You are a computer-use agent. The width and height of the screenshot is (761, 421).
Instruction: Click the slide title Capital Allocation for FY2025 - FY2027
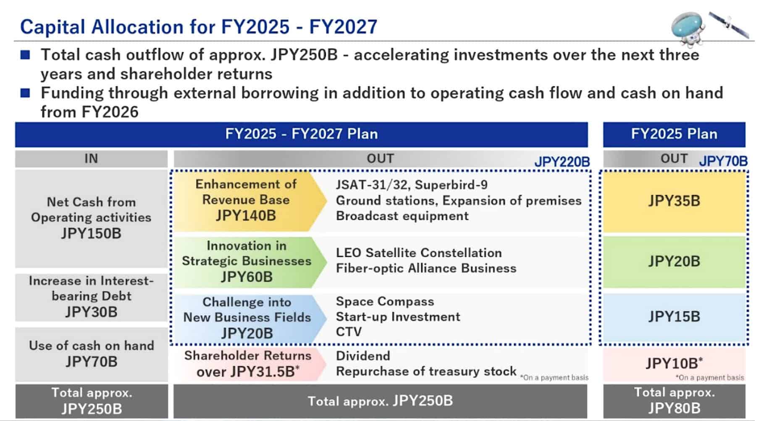[199, 27]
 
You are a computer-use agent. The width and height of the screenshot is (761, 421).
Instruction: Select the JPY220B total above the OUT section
[562, 162]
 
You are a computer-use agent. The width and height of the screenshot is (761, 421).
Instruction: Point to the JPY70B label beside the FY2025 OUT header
[723, 161]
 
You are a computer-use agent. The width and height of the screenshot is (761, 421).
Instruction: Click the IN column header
[91, 159]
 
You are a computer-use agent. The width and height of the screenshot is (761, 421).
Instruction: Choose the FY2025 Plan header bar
[674, 134]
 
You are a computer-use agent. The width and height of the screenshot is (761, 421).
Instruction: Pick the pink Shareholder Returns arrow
[247, 364]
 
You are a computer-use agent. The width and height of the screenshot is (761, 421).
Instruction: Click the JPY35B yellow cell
[674, 201]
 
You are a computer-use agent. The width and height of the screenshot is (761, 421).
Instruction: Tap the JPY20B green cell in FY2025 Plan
[674, 261]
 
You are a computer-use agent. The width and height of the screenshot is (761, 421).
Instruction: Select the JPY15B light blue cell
[674, 317]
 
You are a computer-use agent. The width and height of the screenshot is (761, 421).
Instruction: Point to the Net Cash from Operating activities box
[91, 218]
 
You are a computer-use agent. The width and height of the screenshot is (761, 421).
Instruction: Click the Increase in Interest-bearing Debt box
[91, 297]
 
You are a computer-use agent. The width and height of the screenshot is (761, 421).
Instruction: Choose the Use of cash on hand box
[91, 354]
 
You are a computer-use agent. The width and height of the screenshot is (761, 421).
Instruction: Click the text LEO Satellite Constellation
[419, 253]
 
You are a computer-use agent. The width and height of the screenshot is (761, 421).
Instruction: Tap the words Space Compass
[385, 302]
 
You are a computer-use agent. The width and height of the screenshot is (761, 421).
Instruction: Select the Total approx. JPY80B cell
[674, 401]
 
